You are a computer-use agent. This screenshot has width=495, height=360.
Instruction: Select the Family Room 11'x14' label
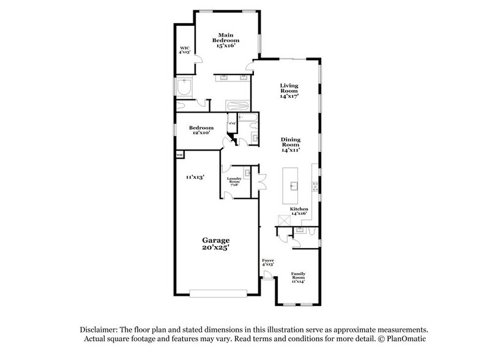(x=298, y=277)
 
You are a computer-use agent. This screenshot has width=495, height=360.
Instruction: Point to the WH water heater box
(x=180, y=156)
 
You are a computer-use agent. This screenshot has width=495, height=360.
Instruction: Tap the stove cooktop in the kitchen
(x=315, y=183)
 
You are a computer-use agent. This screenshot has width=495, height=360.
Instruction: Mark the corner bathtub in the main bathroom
(x=184, y=88)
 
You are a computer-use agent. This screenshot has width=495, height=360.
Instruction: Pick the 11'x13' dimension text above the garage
(x=195, y=176)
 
